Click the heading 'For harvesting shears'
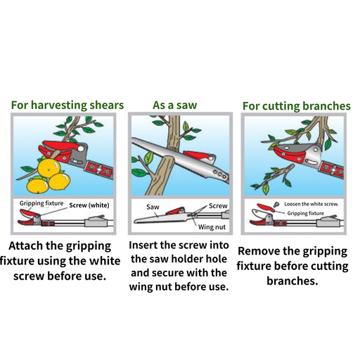pos(67,105)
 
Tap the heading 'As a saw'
pos(175,105)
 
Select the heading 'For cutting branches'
pos(297,106)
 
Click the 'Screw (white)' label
pos(89,205)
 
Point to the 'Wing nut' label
pos(212,227)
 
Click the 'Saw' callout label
pos(153,207)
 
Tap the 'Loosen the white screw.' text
pos(311,204)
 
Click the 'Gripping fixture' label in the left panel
pos(41,203)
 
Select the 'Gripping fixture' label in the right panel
pos(306,213)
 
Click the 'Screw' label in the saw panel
pos(218,206)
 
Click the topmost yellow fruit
pos(49,168)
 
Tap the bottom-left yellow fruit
pos(37,186)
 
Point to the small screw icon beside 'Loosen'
pos(276,205)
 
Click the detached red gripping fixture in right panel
pos(265,207)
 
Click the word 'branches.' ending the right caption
pos(292,281)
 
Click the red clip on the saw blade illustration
pos(199,156)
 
